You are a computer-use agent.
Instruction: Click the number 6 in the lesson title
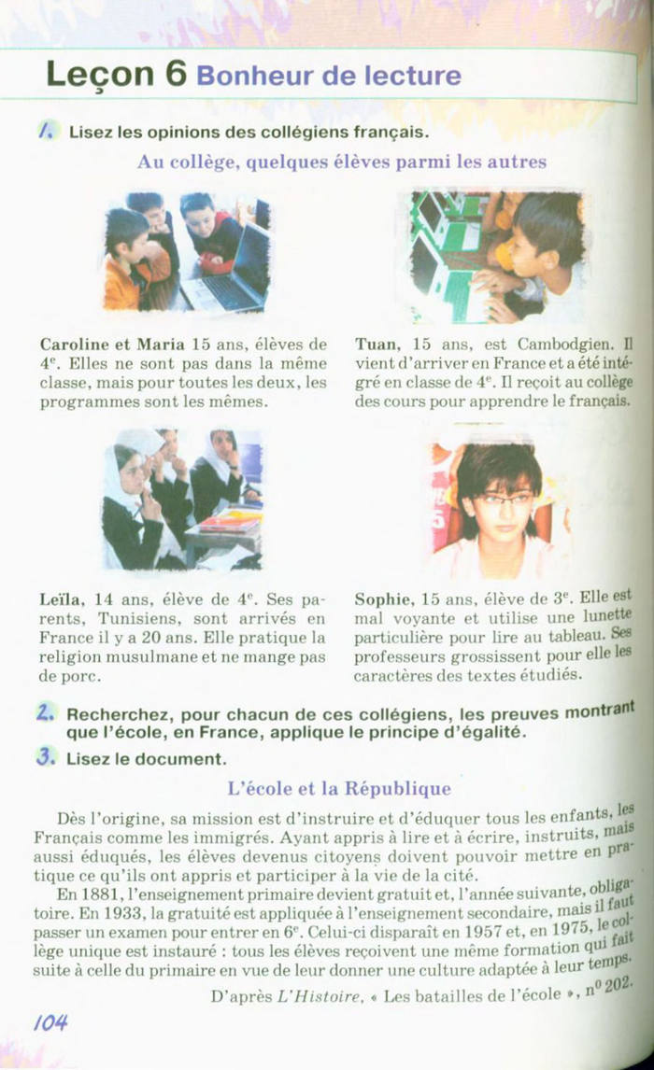tap(176, 74)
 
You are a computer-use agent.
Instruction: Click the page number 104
tap(51, 1022)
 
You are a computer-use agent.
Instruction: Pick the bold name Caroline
tap(74, 345)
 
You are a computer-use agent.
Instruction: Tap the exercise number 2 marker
tap(45, 713)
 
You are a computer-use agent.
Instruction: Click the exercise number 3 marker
tap(45, 757)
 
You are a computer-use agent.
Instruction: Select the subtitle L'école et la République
tap(339, 789)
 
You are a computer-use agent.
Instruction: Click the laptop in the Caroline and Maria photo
tap(230, 270)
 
